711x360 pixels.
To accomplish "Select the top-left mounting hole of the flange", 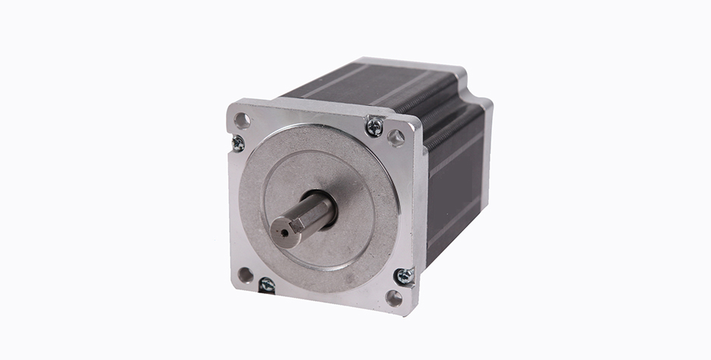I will tap(242, 120).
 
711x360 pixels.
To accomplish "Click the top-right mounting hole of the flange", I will tap(396, 137).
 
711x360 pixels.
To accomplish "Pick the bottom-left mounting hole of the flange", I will tap(245, 274).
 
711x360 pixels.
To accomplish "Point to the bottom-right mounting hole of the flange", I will tap(393, 298).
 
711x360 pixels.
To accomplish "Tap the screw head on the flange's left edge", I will tap(238, 142).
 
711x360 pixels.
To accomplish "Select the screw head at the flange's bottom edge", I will tap(267, 286).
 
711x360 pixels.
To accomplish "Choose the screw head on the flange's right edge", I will tap(405, 277).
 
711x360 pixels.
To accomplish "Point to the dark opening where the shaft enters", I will tap(327, 199).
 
